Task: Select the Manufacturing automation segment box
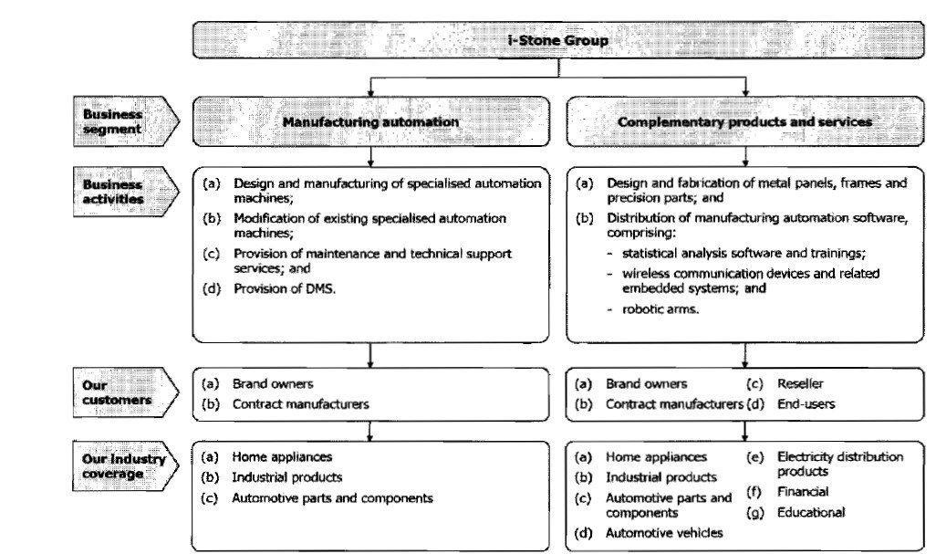(370, 121)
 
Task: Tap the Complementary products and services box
(745, 121)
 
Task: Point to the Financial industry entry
(803, 492)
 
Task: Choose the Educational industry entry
(811, 513)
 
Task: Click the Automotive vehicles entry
(664, 532)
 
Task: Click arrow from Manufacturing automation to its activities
(370, 155)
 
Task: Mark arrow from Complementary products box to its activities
(745, 155)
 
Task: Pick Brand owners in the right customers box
(646, 384)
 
